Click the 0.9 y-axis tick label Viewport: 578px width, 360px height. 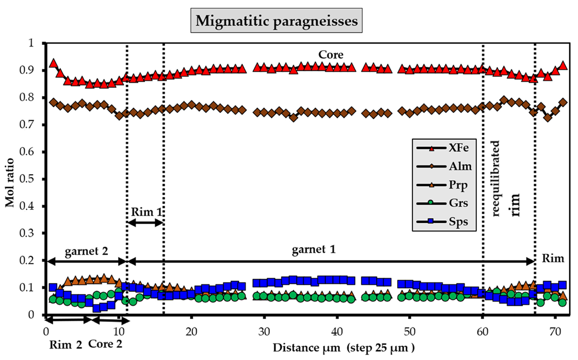[x=30, y=71]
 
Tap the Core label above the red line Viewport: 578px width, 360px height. [x=331, y=55]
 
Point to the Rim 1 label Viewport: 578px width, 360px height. [x=145, y=211]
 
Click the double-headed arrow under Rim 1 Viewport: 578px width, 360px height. [x=145, y=222]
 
